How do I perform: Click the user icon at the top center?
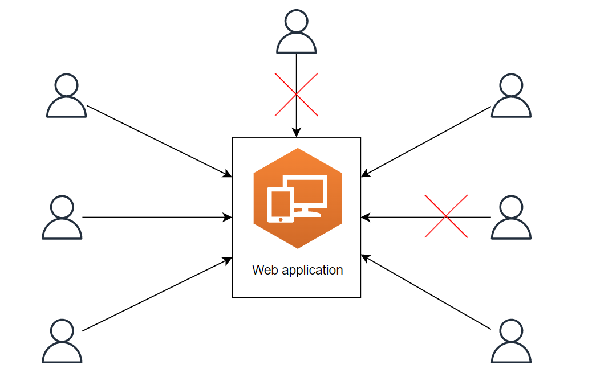[x=296, y=32]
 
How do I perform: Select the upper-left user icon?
[x=66, y=96]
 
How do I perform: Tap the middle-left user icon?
[x=62, y=218]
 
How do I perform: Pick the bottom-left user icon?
[x=62, y=341]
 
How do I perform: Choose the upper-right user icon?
[x=511, y=96]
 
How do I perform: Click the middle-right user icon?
[x=511, y=218]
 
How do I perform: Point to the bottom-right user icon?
[x=511, y=341]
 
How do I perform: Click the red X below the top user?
[x=296, y=95]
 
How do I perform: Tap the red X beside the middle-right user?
[x=446, y=216]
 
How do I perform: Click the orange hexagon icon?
[x=297, y=171]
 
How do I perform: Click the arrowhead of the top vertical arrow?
[x=296, y=133]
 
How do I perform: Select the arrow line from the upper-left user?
[x=157, y=141]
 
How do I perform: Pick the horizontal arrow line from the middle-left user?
[x=154, y=217]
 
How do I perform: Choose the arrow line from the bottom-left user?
[x=157, y=295]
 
